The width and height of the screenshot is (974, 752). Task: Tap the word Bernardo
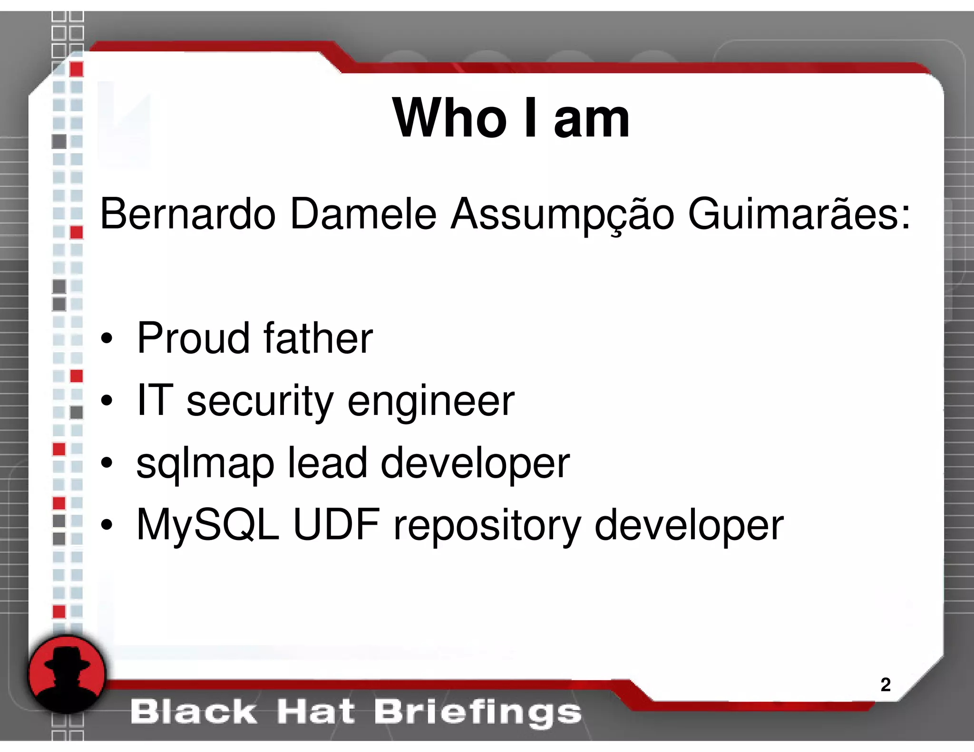tap(187, 214)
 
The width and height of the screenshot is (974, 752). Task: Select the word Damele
tap(363, 214)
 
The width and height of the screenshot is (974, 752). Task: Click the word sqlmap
tap(205, 464)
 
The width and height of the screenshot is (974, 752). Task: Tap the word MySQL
tap(207, 526)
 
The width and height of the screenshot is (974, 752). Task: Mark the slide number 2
tap(885, 685)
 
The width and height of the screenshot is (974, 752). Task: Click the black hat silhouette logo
tap(67, 674)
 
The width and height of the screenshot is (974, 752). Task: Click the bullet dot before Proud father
tap(107, 339)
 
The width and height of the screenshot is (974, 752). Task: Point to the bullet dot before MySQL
tap(107, 525)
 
